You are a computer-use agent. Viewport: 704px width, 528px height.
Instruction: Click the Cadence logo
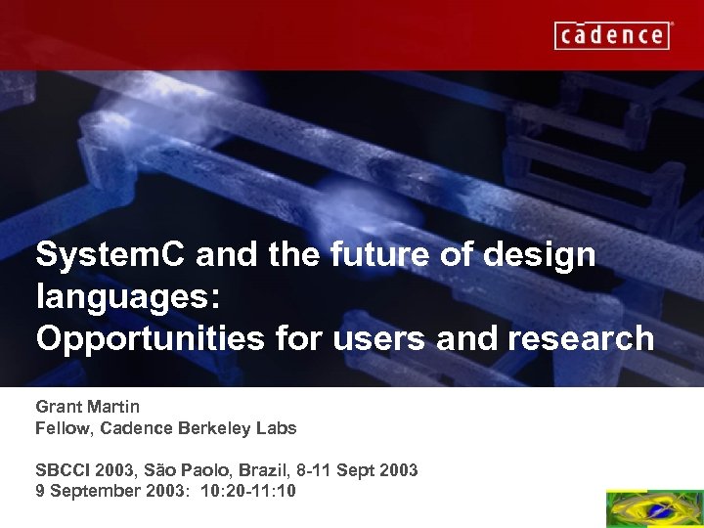[x=613, y=35]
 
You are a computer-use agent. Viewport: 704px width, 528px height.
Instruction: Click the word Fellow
[x=64, y=428]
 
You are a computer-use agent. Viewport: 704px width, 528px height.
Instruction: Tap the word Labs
[x=279, y=428]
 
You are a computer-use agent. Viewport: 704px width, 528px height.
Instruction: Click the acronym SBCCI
[x=63, y=470]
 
